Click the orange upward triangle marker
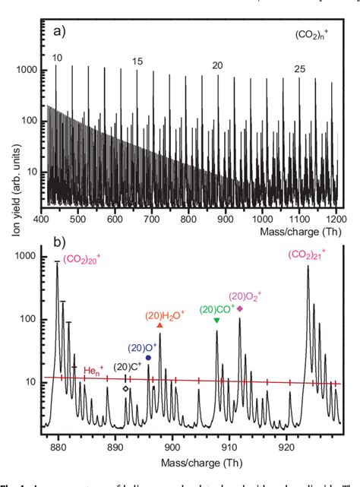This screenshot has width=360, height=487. pos(160,325)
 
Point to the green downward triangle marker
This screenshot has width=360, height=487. pos(216,320)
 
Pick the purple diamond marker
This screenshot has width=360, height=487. pos(240,308)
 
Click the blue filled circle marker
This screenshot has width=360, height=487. pos(148,357)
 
